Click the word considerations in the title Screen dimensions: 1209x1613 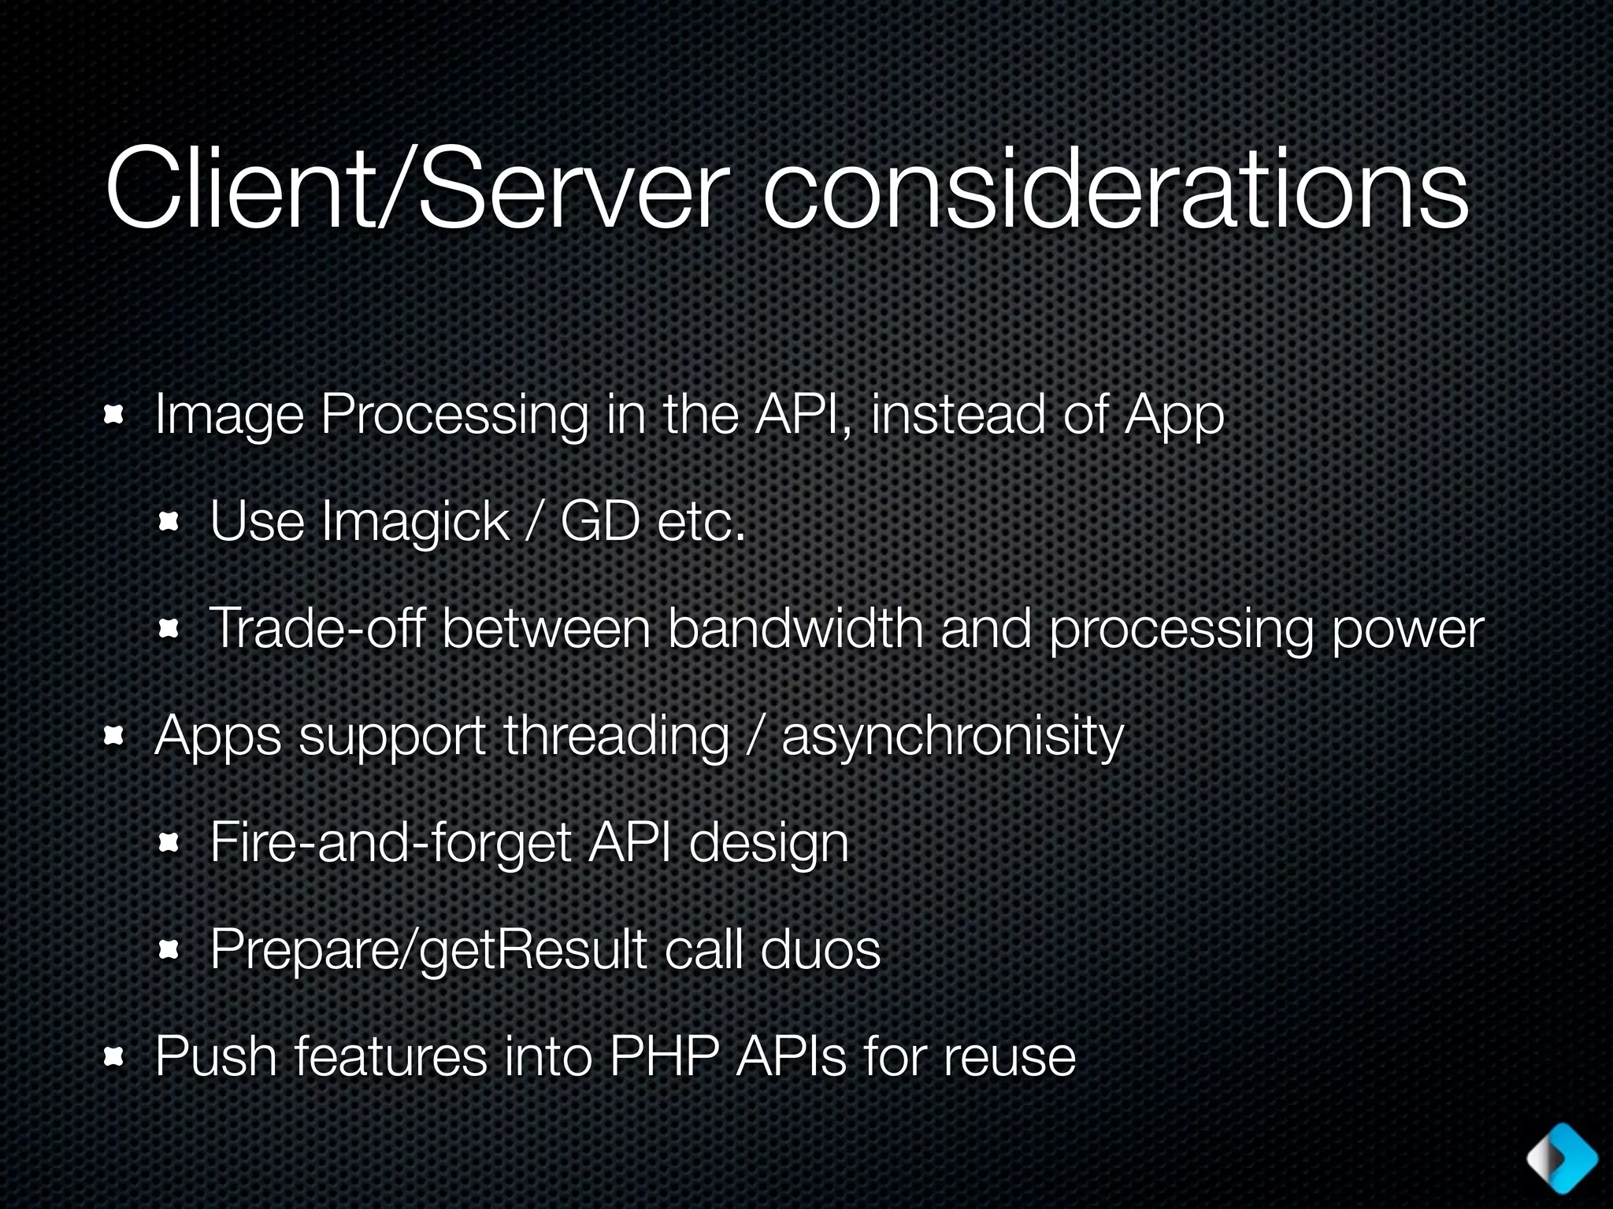pos(1115,189)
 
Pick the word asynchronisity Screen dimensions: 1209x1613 pos(952,737)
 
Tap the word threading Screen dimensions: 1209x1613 pos(616,737)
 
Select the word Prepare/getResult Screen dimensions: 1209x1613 pos(428,951)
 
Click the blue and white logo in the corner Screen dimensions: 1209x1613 pos(1561,1158)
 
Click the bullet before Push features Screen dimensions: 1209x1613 pos(115,1057)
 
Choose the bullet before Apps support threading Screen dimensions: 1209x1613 pos(115,736)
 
